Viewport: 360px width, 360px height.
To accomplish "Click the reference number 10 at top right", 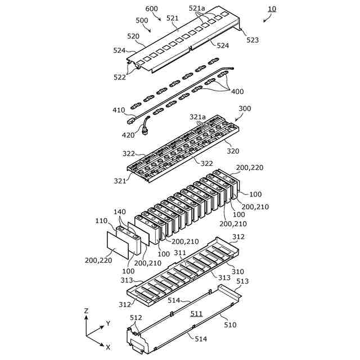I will click(x=272, y=9).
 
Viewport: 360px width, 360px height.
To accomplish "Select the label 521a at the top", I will click(x=196, y=8).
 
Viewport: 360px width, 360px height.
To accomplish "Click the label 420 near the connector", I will click(x=129, y=135).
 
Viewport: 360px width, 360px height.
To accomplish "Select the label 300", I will click(x=245, y=109).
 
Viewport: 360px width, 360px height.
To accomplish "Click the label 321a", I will click(x=197, y=117).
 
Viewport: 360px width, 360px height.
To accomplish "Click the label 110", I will click(x=101, y=222).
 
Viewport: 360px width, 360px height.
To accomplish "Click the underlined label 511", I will click(x=196, y=313).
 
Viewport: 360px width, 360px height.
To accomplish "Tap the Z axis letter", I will click(x=86, y=310).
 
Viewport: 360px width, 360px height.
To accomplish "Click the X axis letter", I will click(x=108, y=347).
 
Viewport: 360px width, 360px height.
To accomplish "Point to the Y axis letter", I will click(x=107, y=324).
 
